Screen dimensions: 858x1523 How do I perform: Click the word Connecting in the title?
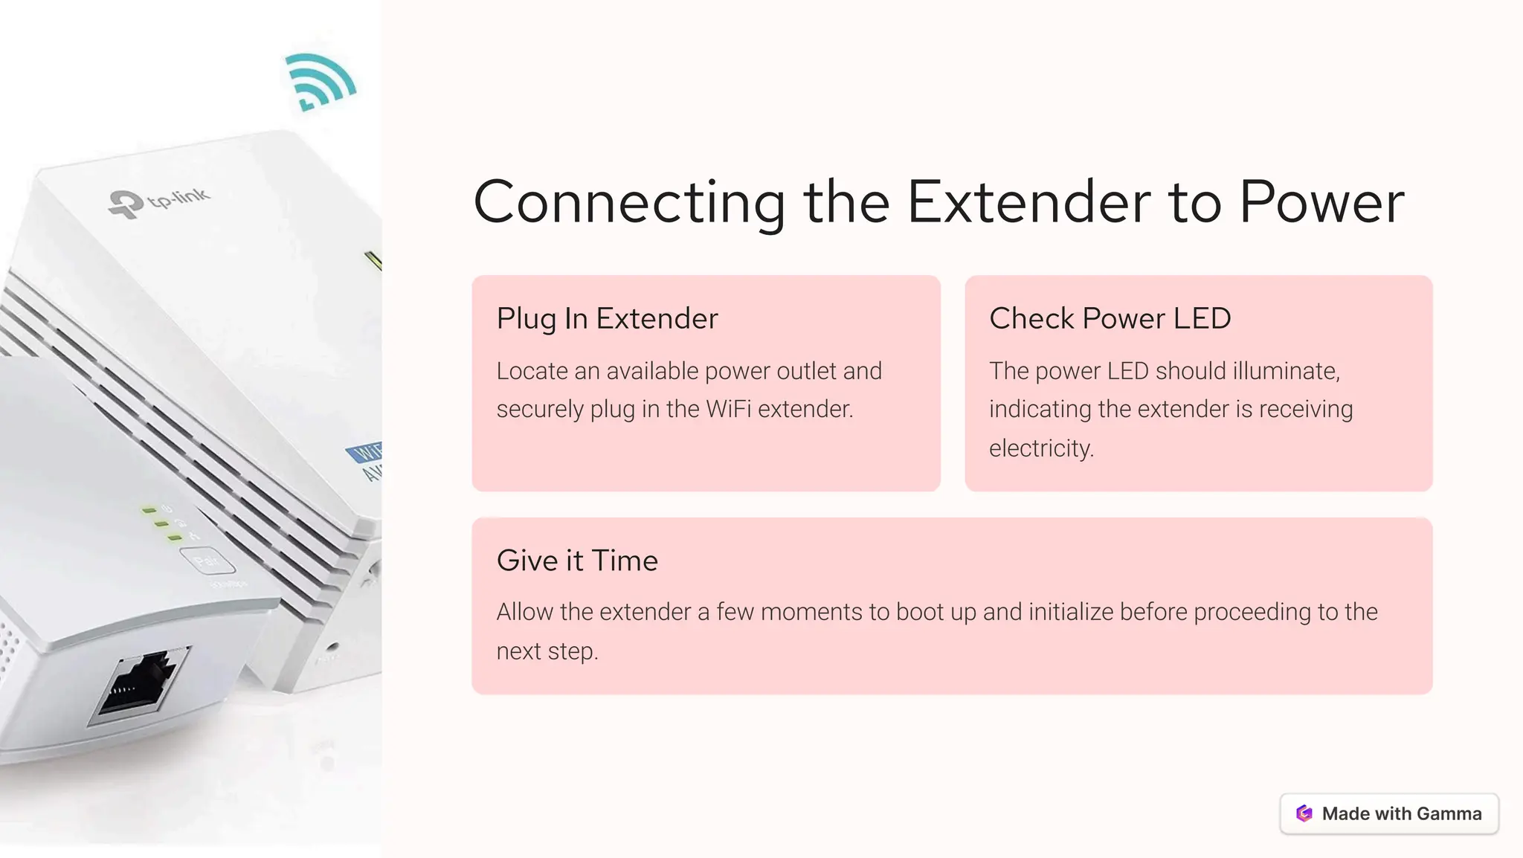[629, 202]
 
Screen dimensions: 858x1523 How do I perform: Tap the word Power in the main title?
[1321, 202]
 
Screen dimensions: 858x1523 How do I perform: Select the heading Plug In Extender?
[607, 318]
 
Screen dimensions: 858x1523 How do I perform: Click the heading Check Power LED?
[1110, 318]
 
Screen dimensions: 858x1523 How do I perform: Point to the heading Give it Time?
[577, 561]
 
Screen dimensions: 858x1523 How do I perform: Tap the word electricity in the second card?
[1040, 448]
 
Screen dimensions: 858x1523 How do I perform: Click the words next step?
[547, 651]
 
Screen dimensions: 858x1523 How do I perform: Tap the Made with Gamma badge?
[1389, 813]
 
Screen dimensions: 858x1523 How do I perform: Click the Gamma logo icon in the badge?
[1304, 813]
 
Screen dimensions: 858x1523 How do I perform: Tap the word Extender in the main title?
[1028, 202]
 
